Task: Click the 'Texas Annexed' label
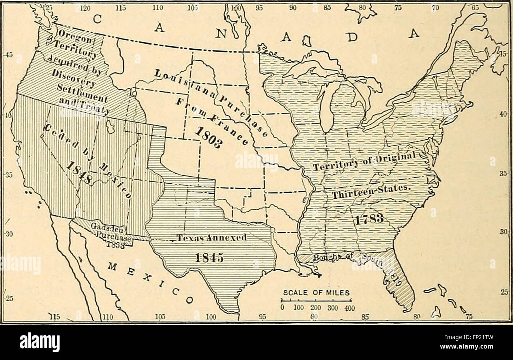(211, 238)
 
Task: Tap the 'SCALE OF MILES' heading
(316, 293)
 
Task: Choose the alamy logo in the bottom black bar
(39, 341)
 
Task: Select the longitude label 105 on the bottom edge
(160, 316)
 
